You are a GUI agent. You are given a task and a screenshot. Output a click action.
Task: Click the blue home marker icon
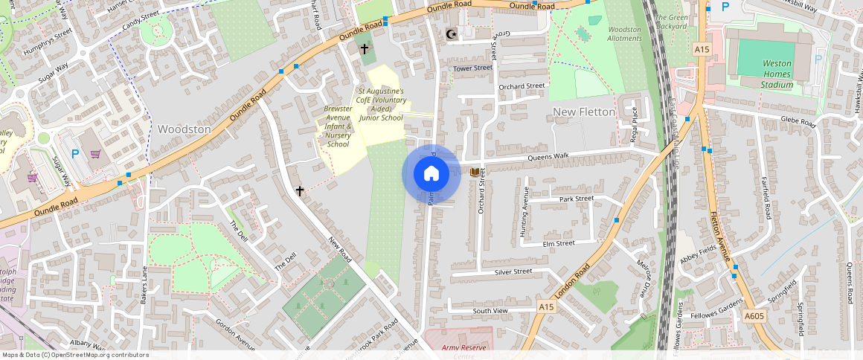point(431,174)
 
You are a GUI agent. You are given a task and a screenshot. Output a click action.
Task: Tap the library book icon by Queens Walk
point(474,173)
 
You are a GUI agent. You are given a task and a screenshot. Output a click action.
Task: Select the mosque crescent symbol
point(449,33)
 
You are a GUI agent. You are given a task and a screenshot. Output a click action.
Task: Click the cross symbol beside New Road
point(300,191)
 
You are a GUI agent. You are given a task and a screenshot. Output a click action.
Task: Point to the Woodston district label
point(184,129)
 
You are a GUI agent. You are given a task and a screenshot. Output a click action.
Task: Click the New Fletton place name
point(584,112)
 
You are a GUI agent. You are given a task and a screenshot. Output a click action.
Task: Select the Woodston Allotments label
point(624,33)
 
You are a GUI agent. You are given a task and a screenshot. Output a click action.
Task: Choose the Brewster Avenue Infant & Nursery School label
point(338,126)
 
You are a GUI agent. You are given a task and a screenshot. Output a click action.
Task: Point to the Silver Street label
point(513,272)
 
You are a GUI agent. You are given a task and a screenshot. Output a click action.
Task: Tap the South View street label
point(490,310)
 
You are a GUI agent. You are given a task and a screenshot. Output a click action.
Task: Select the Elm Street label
point(559,243)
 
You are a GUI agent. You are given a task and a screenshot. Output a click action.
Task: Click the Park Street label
point(577,199)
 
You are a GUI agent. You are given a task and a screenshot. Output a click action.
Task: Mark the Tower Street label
point(473,68)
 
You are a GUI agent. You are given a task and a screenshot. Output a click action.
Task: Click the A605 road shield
point(754,316)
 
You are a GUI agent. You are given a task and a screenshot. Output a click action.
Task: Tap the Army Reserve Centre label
point(458,349)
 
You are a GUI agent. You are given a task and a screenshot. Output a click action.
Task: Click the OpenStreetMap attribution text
point(75,355)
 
